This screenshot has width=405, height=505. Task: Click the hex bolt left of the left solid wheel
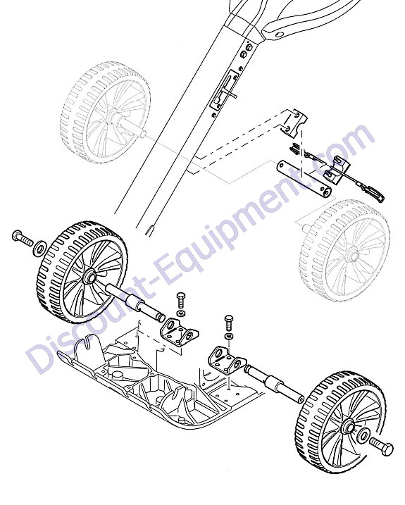click(x=22, y=237)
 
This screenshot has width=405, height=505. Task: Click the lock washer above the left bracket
click(x=182, y=313)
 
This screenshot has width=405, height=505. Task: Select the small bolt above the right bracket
click(x=229, y=323)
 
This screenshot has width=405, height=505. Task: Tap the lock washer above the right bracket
click(x=229, y=336)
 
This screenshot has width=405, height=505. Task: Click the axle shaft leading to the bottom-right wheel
click(x=274, y=385)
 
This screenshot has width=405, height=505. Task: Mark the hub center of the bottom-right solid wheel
click(x=349, y=428)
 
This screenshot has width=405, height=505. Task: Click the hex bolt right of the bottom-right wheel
click(x=382, y=446)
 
